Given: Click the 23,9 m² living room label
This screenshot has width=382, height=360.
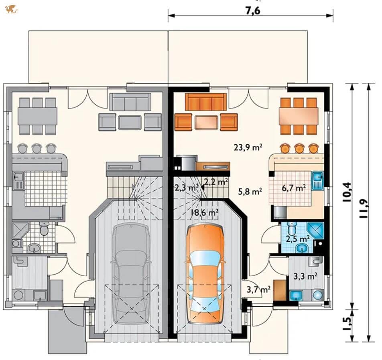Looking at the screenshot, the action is coord(248,147).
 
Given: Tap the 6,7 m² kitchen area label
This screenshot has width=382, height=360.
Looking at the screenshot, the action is coord(294,188).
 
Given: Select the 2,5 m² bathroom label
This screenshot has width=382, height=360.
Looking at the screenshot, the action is coord(297,239).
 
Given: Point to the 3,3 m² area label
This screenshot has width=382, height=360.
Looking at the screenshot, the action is coord(305,276).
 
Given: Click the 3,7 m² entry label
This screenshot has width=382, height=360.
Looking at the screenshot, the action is coord(258,289).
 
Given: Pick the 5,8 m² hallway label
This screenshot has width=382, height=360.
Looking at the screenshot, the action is coord(250,192).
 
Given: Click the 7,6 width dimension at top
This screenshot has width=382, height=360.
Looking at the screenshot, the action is coord(253,11).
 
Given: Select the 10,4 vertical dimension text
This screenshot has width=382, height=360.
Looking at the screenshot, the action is coord(347,192).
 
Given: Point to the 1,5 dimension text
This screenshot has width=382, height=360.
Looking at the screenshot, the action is coord(347,324).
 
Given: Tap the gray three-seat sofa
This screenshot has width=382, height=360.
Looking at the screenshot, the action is coord(130,102).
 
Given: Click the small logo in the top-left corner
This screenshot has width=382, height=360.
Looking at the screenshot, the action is coord(12,10).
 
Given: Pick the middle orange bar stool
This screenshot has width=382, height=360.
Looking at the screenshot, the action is coord(299,148).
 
